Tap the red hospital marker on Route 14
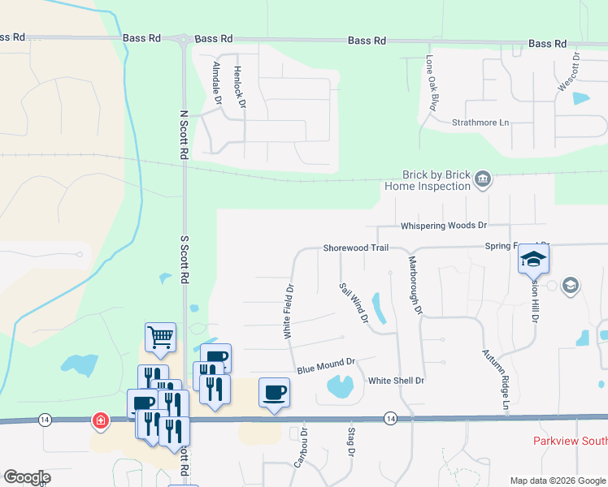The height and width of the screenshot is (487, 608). [100, 420]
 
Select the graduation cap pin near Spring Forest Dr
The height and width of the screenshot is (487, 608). [533, 258]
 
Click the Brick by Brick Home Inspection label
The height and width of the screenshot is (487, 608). [427, 180]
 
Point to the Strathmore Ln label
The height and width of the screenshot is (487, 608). [480, 123]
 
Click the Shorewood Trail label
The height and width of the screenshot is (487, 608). [355, 248]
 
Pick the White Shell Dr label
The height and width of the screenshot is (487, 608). [397, 380]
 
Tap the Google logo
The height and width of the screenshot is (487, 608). [27, 476]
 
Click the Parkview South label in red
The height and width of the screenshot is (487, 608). [570, 441]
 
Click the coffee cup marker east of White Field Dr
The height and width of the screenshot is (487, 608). [274, 393]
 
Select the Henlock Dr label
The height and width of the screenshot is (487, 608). [239, 87]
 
